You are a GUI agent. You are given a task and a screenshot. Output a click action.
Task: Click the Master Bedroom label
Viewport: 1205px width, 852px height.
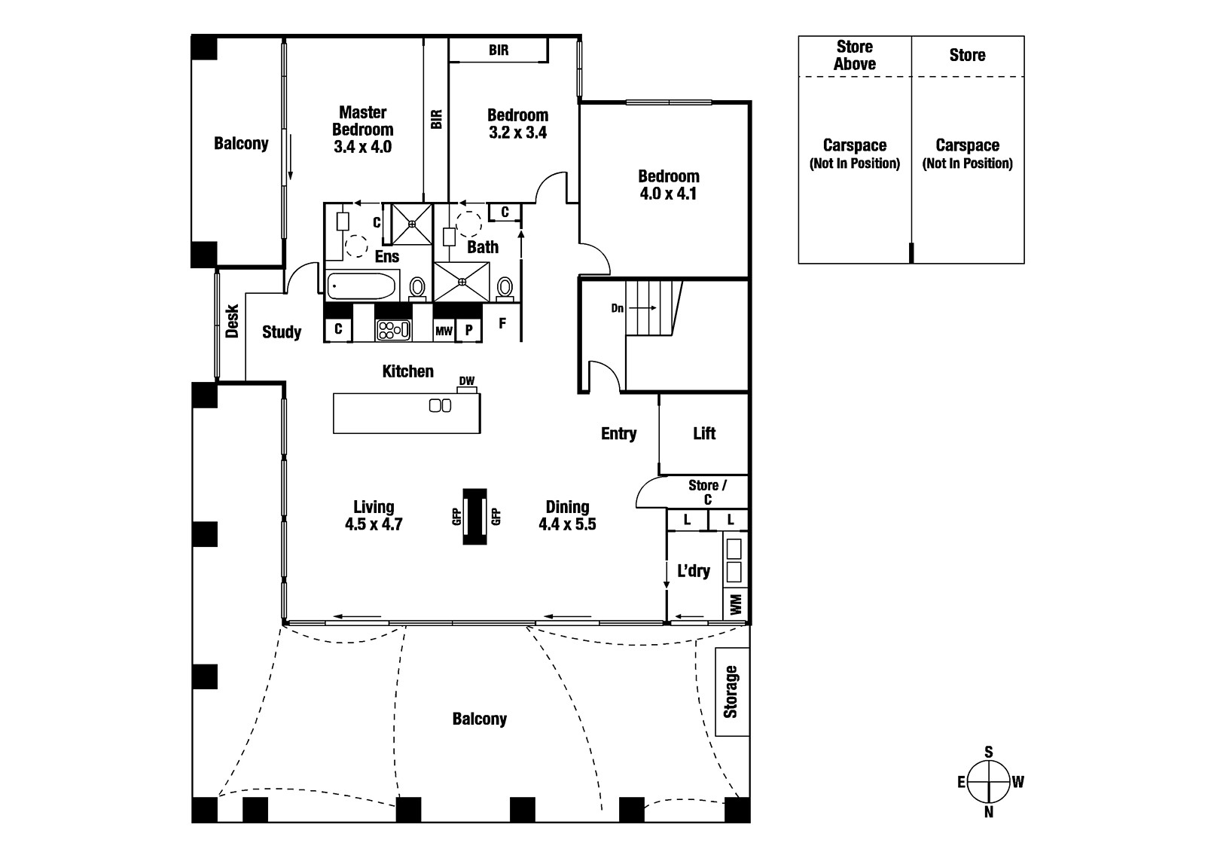pyautogui.click(x=362, y=121)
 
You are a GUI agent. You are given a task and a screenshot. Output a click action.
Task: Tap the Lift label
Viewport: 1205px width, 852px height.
pyautogui.click(x=704, y=433)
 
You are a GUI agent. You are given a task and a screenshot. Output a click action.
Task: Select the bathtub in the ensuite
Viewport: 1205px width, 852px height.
pyautogui.click(x=361, y=286)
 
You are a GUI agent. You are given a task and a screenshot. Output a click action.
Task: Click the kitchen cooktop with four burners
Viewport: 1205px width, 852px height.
pyautogui.click(x=393, y=329)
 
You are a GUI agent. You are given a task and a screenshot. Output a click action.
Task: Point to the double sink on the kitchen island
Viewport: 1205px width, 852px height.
pyautogui.click(x=440, y=405)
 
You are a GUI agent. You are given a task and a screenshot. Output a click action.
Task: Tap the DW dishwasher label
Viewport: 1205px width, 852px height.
pyautogui.click(x=467, y=381)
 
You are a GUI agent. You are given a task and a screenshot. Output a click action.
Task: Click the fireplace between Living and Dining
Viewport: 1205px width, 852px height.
pyautogui.click(x=474, y=517)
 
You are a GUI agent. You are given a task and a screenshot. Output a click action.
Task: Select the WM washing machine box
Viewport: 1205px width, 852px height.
pyautogui.click(x=736, y=604)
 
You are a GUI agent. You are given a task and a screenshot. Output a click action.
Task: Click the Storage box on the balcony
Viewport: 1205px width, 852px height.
pyautogui.click(x=731, y=692)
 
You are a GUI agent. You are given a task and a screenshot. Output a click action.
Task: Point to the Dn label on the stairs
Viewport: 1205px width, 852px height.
pyautogui.click(x=618, y=308)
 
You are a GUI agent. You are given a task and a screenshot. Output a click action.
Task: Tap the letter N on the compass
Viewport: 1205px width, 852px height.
pyautogui.click(x=989, y=812)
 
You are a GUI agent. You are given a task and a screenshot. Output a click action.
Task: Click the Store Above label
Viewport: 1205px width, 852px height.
pyautogui.click(x=855, y=56)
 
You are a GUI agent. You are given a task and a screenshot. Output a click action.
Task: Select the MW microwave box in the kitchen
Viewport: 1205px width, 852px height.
pyautogui.click(x=444, y=331)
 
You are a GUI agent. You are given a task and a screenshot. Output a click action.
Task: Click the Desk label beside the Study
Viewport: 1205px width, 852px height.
pyautogui.click(x=232, y=321)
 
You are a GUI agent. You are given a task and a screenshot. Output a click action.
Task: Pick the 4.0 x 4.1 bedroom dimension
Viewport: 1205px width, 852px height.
pyautogui.click(x=669, y=194)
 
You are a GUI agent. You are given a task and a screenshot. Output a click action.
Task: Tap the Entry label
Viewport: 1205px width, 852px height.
pyautogui.click(x=618, y=434)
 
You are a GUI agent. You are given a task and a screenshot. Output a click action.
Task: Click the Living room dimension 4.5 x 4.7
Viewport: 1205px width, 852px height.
pyautogui.click(x=374, y=524)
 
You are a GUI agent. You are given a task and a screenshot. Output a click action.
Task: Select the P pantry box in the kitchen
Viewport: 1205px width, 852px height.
pyautogui.click(x=468, y=331)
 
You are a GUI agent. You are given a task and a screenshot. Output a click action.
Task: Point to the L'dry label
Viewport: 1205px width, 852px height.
pyautogui.click(x=693, y=571)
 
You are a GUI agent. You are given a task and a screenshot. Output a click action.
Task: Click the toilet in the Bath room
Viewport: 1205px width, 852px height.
pyautogui.click(x=505, y=287)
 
